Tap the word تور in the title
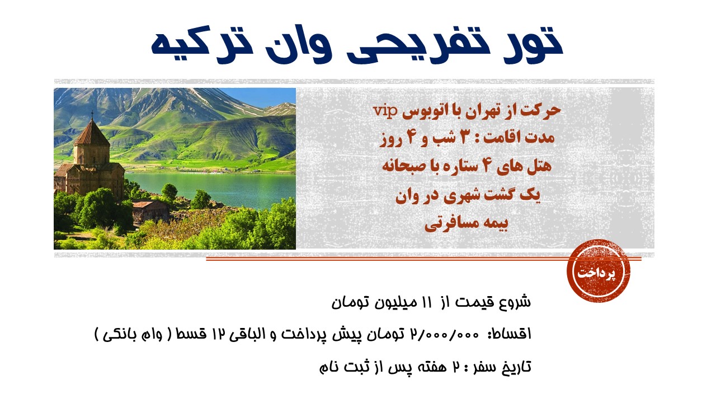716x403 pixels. [x=533, y=44]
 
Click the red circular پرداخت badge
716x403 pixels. [x=599, y=271]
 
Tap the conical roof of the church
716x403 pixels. [x=92, y=133]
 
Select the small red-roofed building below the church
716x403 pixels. [x=150, y=211]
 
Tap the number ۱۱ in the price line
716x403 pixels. [x=427, y=302]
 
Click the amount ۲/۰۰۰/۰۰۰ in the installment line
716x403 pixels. [x=445, y=334]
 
